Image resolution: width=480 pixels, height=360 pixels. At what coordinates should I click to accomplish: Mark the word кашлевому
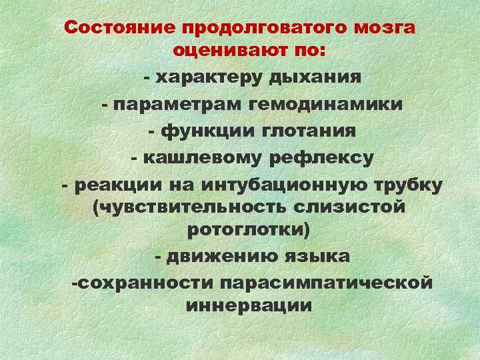pos(201,158)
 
